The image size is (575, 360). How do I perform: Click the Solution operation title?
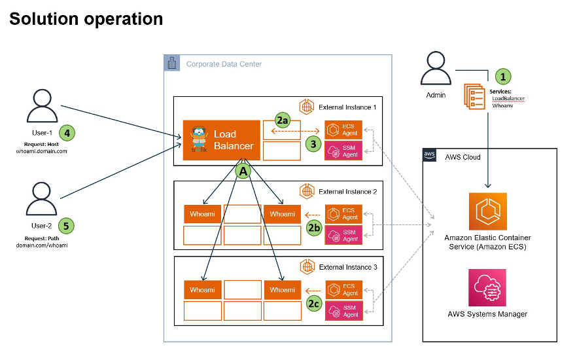click(86, 19)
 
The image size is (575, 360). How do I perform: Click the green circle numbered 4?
click(67, 133)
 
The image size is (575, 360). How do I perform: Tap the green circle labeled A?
click(243, 171)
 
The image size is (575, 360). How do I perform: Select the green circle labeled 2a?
click(282, 120)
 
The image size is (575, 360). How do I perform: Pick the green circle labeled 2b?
click(313, 227)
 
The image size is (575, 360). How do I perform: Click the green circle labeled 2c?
click(313, 303)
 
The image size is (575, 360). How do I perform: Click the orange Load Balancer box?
click(222, 139)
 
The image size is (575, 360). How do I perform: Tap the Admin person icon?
click(436, 69)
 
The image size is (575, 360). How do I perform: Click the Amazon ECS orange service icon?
click(487, 211)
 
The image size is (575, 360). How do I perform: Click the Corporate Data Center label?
click(224, 64)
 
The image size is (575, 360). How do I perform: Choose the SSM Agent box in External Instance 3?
click(343, 311)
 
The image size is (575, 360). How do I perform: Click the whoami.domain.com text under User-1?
click(42, 151)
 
